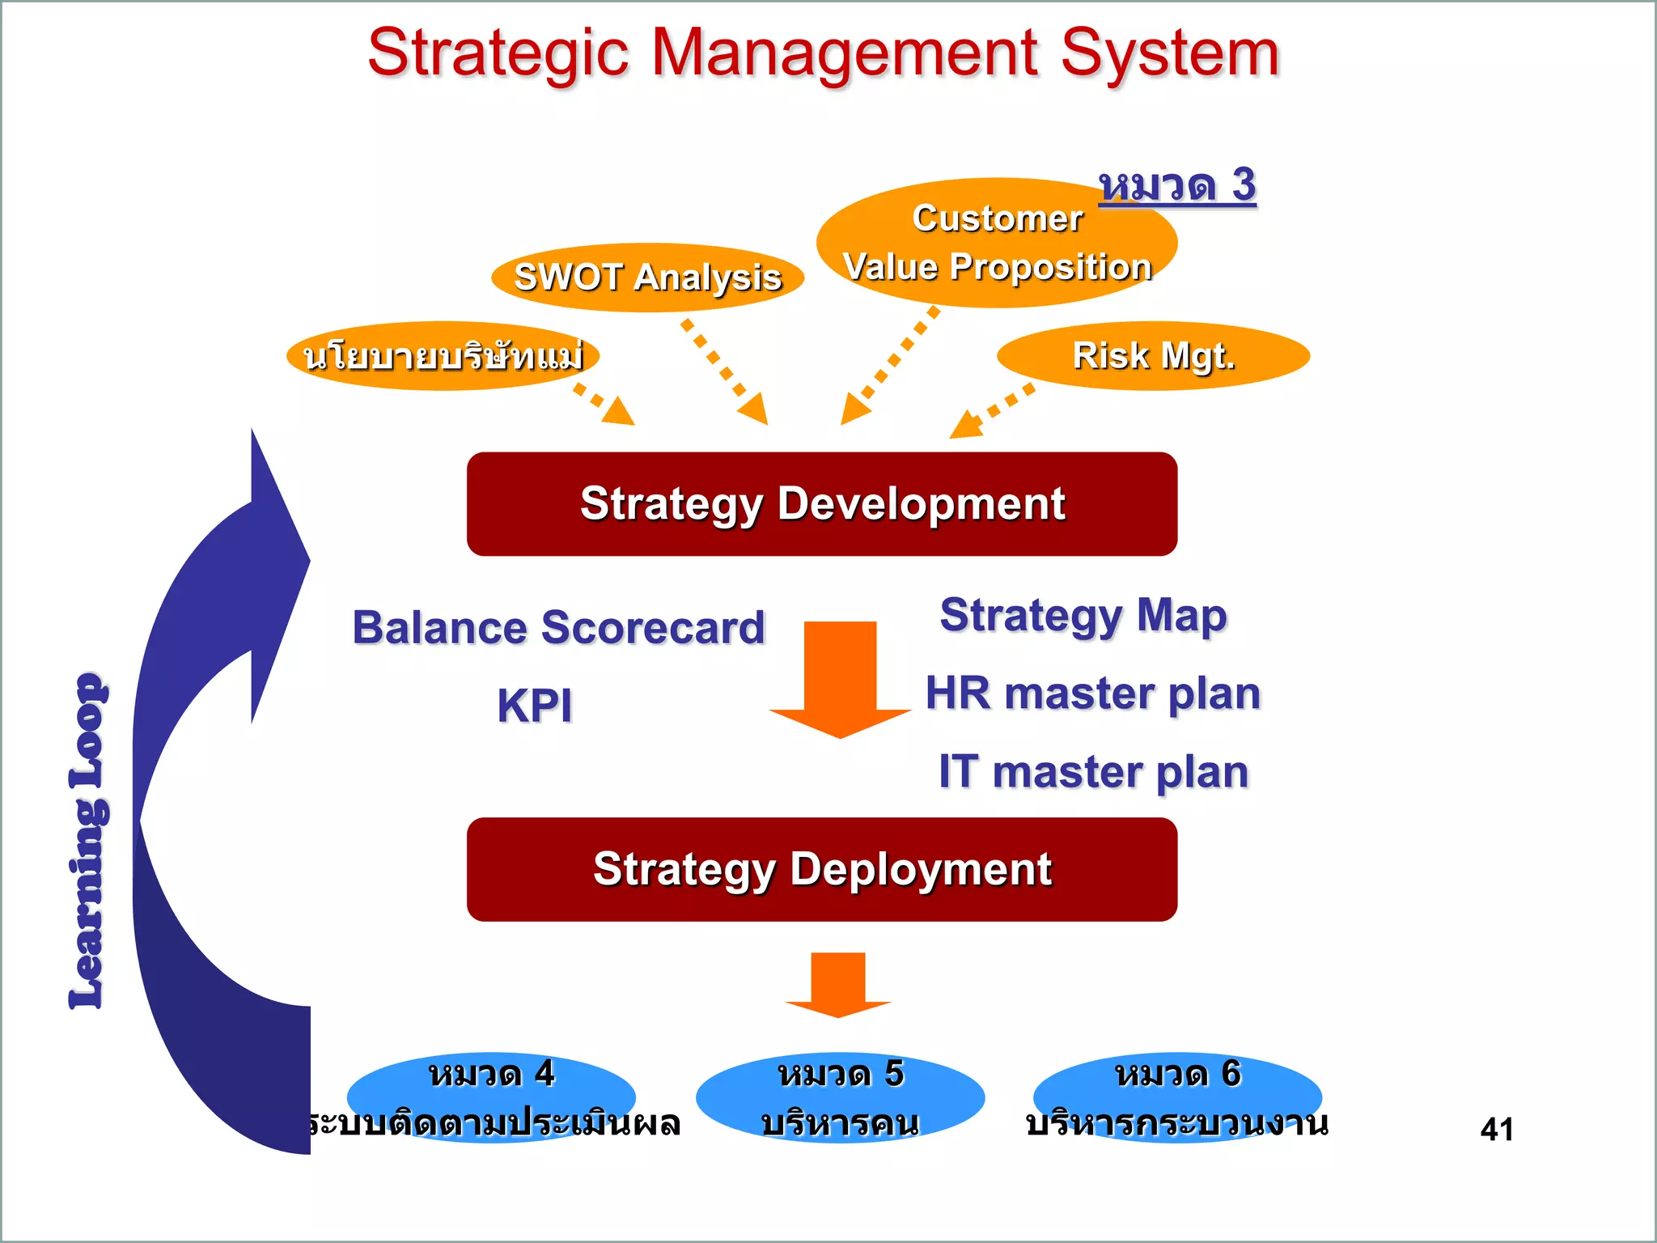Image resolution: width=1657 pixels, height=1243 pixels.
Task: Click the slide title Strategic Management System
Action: pyautogui.click(x=823, y=53)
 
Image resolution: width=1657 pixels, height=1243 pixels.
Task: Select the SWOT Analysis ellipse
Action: pyautogui.click(x=647, y=278)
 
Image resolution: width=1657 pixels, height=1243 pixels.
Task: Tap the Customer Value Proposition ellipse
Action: pyautogui.click(x=997, y=243)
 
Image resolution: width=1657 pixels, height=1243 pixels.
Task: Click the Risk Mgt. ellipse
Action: pyautogui.click(x=1153, y=356)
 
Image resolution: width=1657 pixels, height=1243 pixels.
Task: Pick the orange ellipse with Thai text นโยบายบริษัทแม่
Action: pyautogui.click(x=443, y=356)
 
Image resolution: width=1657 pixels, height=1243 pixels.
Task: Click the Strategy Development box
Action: pyautogui.click(x=822, y=503)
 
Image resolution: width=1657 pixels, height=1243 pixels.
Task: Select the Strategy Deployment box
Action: pyautogui.click(x=822, y=869)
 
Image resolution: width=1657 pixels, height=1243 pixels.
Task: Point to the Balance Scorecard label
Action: pyautogui.click(x=558, y=627)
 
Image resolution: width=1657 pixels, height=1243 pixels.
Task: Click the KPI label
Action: pyautogui.click(x=534, y=705)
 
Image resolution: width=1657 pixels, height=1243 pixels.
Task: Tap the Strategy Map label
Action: pyautogui.click(x=1083, y=616)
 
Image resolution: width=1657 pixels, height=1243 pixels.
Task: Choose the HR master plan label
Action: pyautogui.click(x=1093, y=694)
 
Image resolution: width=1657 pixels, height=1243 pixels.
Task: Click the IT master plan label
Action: pyautogui.click(x=1093, y=771)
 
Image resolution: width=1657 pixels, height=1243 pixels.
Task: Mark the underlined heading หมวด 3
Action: pyautogui.click(x=1177, y=185)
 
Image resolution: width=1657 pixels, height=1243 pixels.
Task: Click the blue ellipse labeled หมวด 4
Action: pyautogui.click(x=491, y=1097)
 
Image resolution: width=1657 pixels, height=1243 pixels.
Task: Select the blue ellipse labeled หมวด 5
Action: pyautogui.click(x=840, y=1097)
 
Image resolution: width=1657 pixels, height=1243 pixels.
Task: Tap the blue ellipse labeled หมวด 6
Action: pyautogui.click(x=1177, y=1097)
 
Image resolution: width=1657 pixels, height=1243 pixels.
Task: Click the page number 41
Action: pyautogui.click(x=1497, y=1129)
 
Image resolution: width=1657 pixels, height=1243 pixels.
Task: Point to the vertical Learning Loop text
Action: pyautogui.click(x=87, y=842)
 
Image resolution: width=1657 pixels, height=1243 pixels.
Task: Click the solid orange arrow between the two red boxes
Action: pyautogui.click(x=840, y=680)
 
